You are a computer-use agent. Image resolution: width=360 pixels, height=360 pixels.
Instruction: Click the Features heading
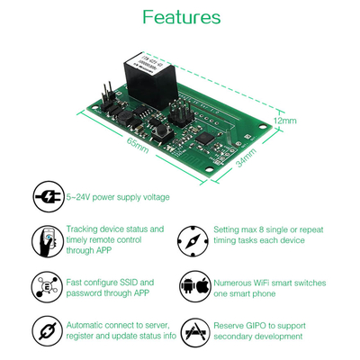[181, 17]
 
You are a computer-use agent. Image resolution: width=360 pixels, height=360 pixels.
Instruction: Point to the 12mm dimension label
[284, 120]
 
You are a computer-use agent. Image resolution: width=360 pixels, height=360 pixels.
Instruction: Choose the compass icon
[195, 240]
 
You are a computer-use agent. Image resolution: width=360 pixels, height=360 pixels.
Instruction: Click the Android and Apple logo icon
[195, 286]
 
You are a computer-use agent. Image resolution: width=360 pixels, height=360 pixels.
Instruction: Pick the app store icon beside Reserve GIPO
[195, 329]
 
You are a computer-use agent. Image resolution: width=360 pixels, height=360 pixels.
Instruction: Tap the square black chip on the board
[209, 139]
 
